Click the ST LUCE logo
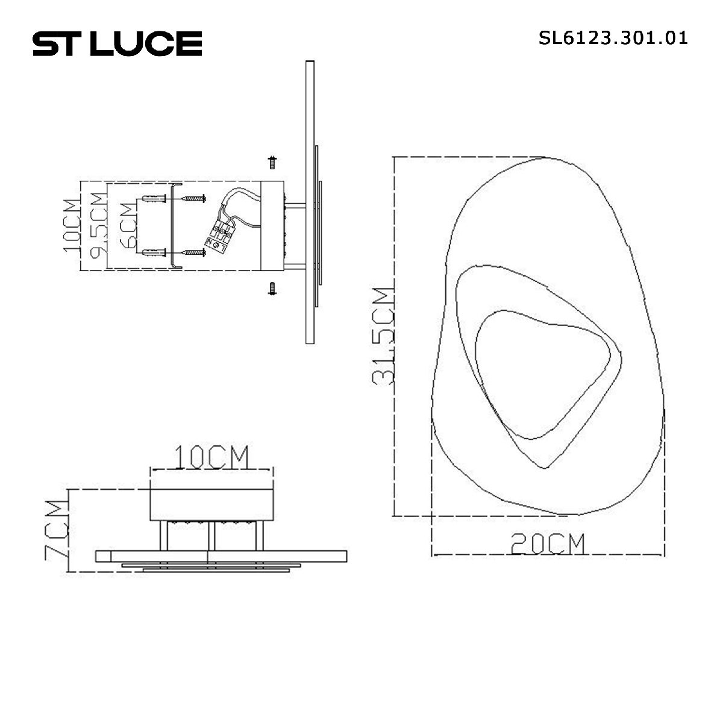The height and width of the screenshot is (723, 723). [117, 44]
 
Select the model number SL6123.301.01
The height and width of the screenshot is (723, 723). [613, 39]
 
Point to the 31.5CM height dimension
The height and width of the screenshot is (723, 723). [383, 336]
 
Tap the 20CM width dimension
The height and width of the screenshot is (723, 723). [548, 544]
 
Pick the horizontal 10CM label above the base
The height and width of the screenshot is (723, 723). [211, 457]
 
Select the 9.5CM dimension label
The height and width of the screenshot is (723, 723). [98, 225]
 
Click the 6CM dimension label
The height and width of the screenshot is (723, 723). [128, 226]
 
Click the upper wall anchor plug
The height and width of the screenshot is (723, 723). [154, 199]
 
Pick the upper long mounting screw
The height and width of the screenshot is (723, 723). [194, 198]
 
